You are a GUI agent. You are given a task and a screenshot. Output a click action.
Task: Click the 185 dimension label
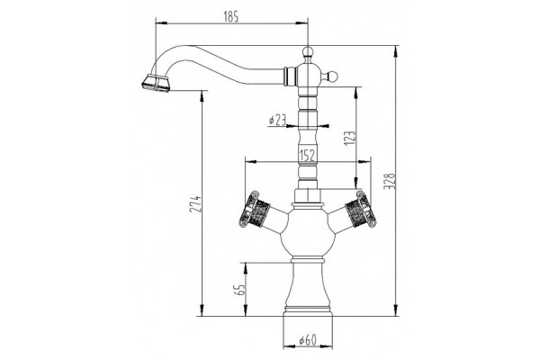coord(230,16)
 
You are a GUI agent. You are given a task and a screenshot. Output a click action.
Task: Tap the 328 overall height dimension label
coord(390,181)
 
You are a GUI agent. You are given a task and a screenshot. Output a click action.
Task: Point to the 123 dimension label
coord(349,139)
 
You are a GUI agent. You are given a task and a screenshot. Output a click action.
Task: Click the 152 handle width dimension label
coord(308,156)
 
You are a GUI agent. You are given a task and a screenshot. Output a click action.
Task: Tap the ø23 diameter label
coord(277,120)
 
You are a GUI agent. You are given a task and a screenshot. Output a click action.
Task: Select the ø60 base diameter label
coord(308,340)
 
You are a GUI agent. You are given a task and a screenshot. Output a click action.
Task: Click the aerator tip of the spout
coord(155,84)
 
